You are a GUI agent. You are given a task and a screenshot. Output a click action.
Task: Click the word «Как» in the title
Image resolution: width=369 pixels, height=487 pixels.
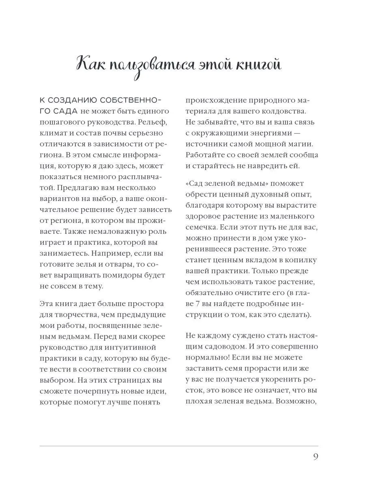tap(92, 65)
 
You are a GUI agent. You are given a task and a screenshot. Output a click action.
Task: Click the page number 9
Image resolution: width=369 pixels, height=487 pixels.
tap(315, 457)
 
